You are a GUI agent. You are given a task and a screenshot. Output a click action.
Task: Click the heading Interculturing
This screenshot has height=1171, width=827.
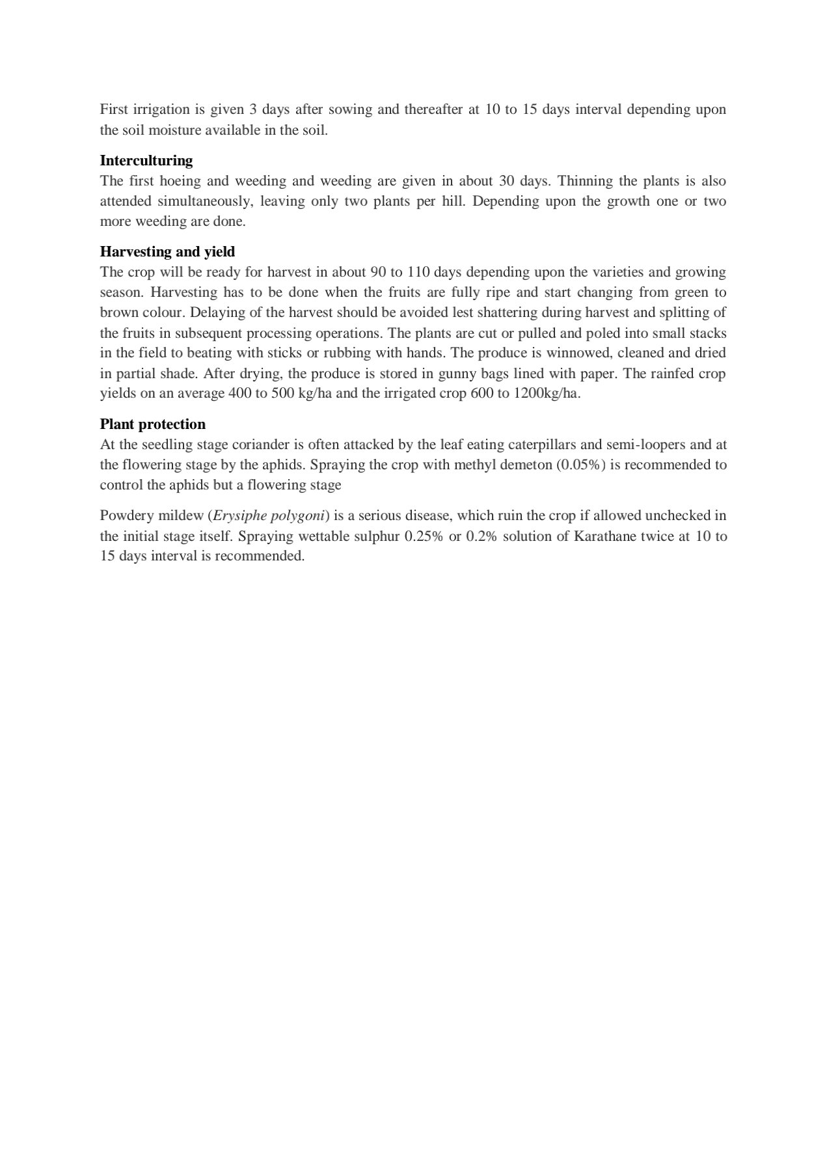(146, 160)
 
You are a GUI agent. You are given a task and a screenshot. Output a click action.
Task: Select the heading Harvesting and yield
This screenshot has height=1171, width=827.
(167, 251)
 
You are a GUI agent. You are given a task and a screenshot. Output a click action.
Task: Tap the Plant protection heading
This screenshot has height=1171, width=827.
(152, 424)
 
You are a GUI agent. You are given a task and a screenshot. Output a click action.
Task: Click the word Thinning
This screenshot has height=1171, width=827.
(584, 180)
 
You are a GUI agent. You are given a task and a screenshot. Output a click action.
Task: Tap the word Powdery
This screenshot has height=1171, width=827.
(126, 516)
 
